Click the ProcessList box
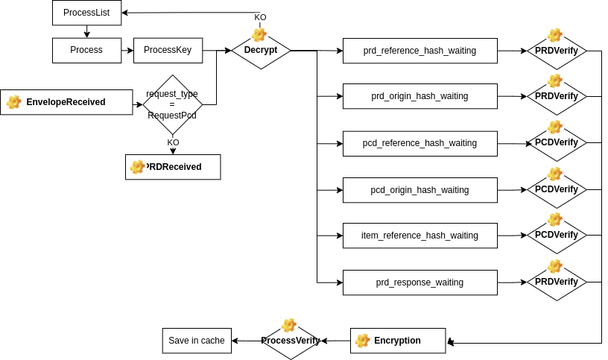[87, 13]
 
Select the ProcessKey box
[168, 51]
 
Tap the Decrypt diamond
[261, 51]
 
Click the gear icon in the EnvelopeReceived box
[14, 102]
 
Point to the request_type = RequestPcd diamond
[173, 104]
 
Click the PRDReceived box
[173, 167]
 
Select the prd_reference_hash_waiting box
[420, 51]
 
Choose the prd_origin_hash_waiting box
[420, 96]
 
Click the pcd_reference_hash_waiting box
[420, 144]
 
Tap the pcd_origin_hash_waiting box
[420, 190]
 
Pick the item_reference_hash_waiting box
[420, 236]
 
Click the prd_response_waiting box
[420, 282]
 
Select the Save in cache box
[197, 341]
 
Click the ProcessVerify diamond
[291, 341]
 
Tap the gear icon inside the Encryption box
[362, 341]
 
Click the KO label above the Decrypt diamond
[260, 17]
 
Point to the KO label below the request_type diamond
[173, 143]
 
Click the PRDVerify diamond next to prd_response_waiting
[557, 282]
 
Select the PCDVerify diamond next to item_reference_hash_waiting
[557, 235]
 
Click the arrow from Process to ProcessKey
[127, 51]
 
